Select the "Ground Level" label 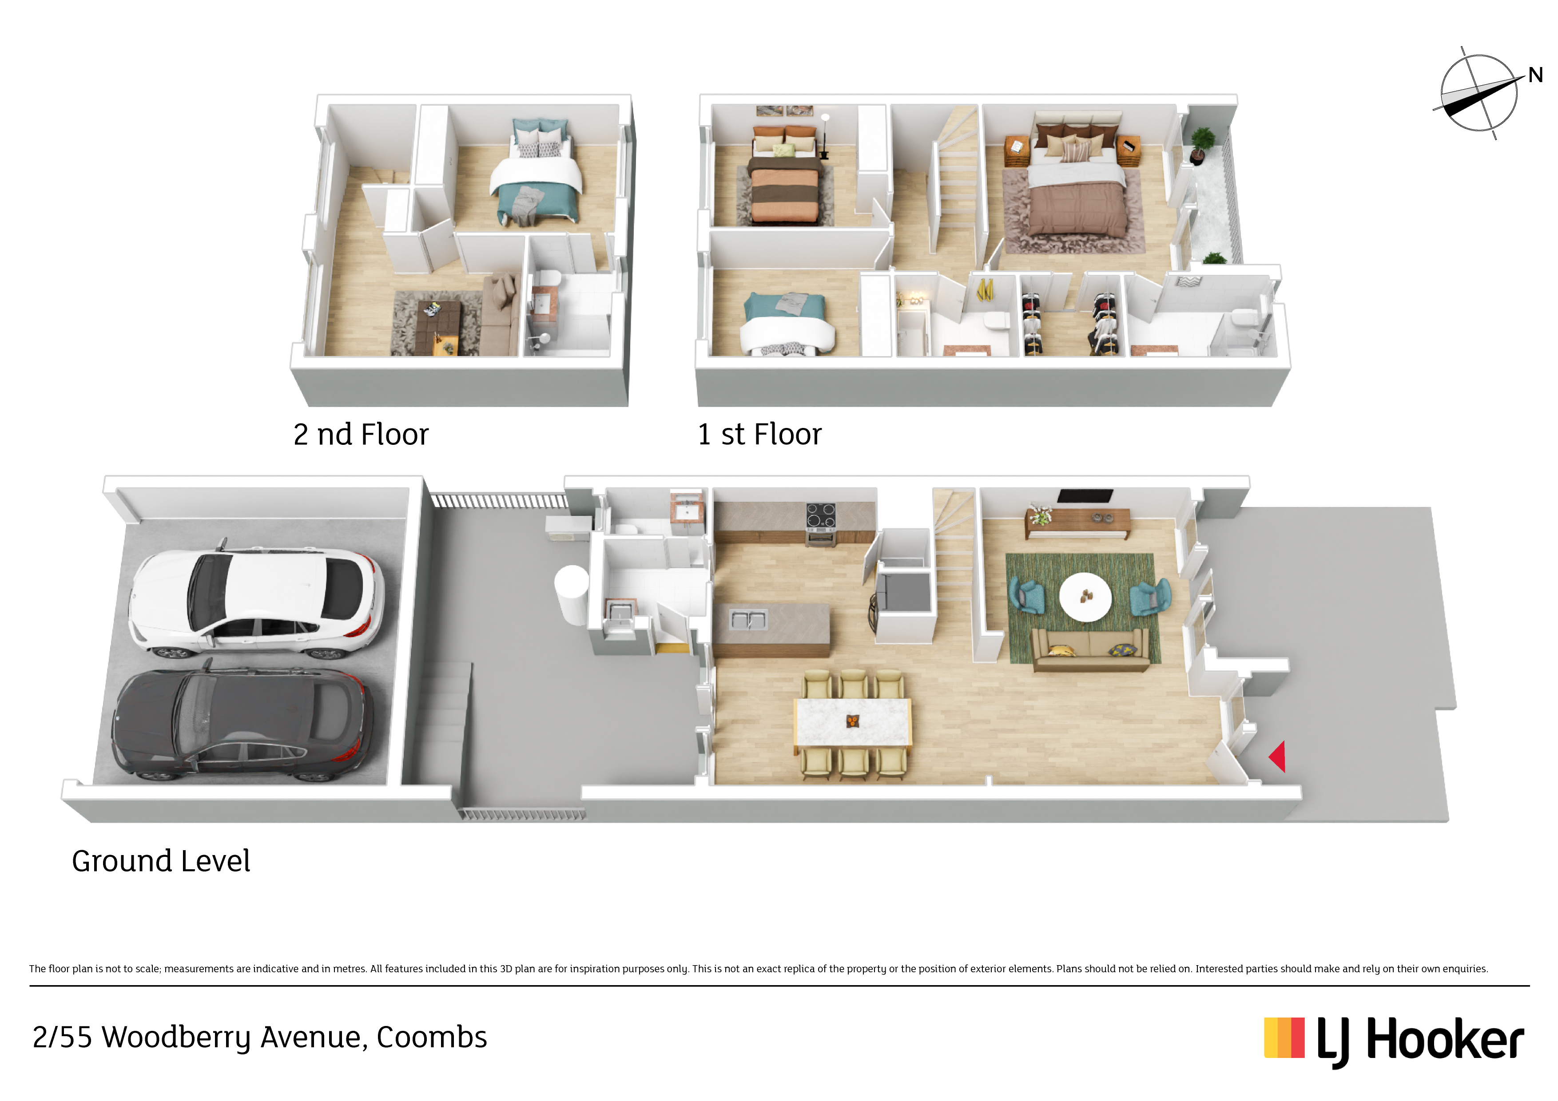pyautogui.click(x=161, y=861)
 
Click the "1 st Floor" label pyautogui.click(x=759, y=434)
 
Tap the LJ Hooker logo pyautogui.click(x=1394, y=1039)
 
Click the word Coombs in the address pyautogui.click(x=432, y=1037)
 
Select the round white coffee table pyautogui.click(x=1085, y=597)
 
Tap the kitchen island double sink pyautogui.click(x=748, y=619)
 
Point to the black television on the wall pyautogui.click(x=1085, y=496)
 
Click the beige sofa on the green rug pyautogui.click(x=1090, y=650)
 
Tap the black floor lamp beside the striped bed pyautogui.click(x=824, y=136)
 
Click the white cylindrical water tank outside pyautogui.click(x=571, y=595)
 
